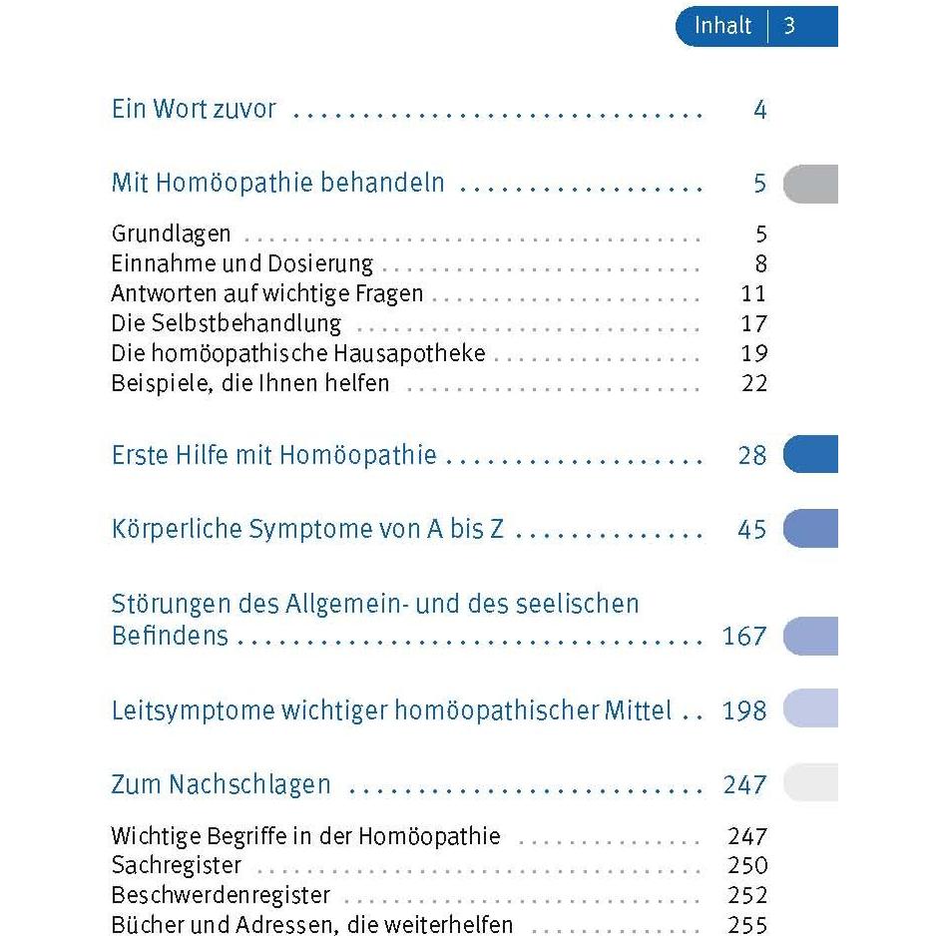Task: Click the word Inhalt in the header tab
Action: point(722,26)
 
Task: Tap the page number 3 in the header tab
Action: point(789,26)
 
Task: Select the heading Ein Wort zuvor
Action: point(194,109)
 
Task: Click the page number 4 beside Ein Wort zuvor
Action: point(760,110)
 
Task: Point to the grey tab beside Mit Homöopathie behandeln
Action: point(810,184)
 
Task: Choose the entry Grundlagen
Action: point(172,234)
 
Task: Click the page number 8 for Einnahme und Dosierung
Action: point(760,263)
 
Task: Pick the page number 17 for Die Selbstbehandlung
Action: point(754,323)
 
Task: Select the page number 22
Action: point(754,383)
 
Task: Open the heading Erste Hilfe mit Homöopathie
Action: point(274,455)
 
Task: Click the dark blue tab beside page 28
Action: point(810,454)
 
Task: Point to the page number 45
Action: point(752,530)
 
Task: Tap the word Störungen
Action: point(172,604)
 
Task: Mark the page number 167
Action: point(744,637)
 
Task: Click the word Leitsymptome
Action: point(193,710)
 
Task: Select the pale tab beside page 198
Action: point(810,707)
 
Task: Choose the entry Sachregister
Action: point(177,865)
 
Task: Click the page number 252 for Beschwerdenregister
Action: point(747,895)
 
